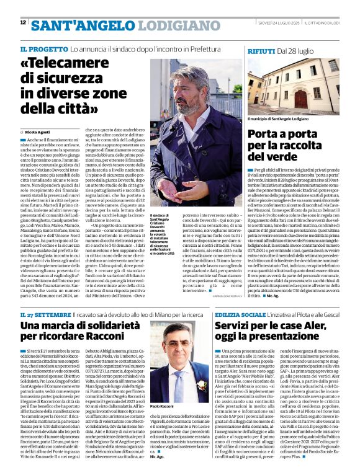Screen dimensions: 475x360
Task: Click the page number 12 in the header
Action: (23, 23)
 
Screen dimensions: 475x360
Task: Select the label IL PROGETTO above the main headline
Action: (43, 48)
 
